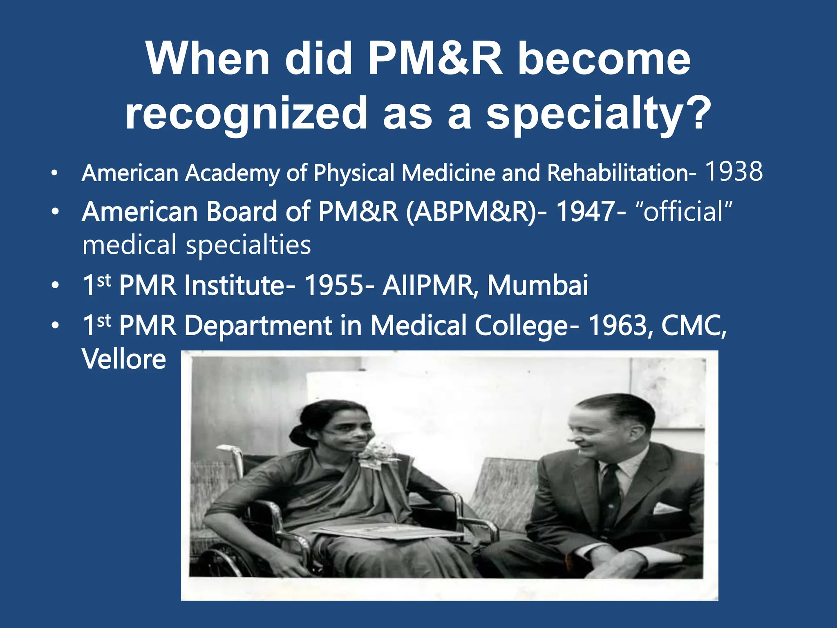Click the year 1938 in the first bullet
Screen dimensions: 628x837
click(x=734, y=172)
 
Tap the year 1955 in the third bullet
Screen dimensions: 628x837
click(x=334, y=285)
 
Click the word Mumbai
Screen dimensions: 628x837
click(x=537, y=285)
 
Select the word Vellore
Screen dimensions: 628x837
click(x=124, y=359)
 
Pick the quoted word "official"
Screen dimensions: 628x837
click(x=683, y=212)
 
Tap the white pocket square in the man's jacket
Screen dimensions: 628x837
click(x=665, y=508)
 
